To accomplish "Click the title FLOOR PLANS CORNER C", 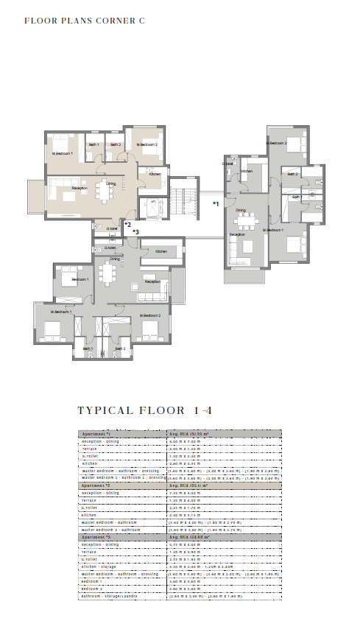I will (85, 21).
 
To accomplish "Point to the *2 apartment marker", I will (127, 224).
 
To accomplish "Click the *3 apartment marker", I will (135, 231).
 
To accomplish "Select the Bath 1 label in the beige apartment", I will (94, 144).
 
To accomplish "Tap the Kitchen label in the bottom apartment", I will (161, 252).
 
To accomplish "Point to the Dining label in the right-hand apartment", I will (241, 211).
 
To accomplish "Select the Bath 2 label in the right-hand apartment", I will (292, 175).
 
